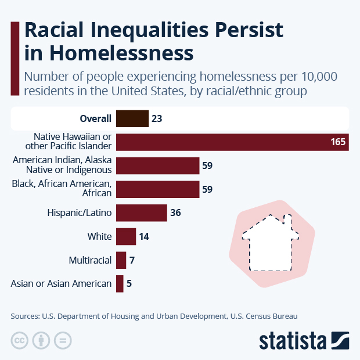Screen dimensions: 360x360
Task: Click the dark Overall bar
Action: (132, 118)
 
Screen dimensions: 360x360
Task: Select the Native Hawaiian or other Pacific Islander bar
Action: (232, 142)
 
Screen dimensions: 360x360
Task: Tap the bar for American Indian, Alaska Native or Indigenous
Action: (157, 165)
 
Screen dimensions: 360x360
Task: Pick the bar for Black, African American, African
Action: (157, 189)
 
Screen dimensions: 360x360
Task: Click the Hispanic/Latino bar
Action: (141, 213)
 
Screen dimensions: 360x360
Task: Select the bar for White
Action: (125, 236)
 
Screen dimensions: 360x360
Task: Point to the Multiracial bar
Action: (121, 260)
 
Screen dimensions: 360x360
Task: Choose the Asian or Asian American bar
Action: (120, 283)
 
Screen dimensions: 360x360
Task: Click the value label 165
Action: (338, 142)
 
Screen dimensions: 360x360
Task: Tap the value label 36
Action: (176, 213)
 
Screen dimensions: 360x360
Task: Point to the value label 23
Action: (156, 118)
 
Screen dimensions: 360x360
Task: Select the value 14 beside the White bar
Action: (145, 237)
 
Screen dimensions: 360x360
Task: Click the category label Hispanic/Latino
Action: (79, 213)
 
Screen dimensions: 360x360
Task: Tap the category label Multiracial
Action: (89, 260)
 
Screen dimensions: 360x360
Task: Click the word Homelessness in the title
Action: (121, 53)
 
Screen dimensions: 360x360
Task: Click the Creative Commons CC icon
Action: (20, 340)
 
